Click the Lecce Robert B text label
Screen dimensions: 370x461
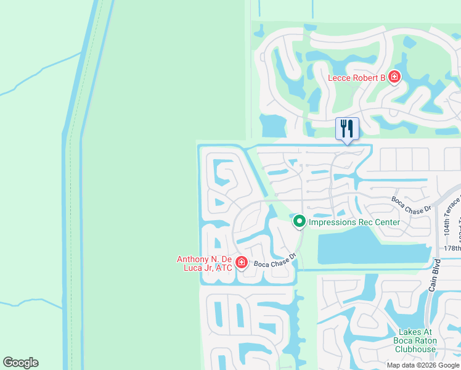tap(356, 78)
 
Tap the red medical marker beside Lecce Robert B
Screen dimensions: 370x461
tap(394, 78)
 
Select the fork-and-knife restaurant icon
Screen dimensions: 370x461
tap(347, 128)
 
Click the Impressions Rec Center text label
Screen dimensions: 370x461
tap(354, 222)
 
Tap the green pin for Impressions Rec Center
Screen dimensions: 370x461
tap(299, 221)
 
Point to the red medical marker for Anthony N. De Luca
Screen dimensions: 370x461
tap(241, 263)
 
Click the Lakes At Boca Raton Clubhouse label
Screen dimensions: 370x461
tap(415, 340)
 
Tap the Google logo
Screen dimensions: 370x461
tap(20, 363)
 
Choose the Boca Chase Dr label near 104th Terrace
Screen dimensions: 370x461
tap(412, 205)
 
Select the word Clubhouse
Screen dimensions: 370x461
tap(415, 349)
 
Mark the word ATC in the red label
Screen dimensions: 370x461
tap(224, 268)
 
